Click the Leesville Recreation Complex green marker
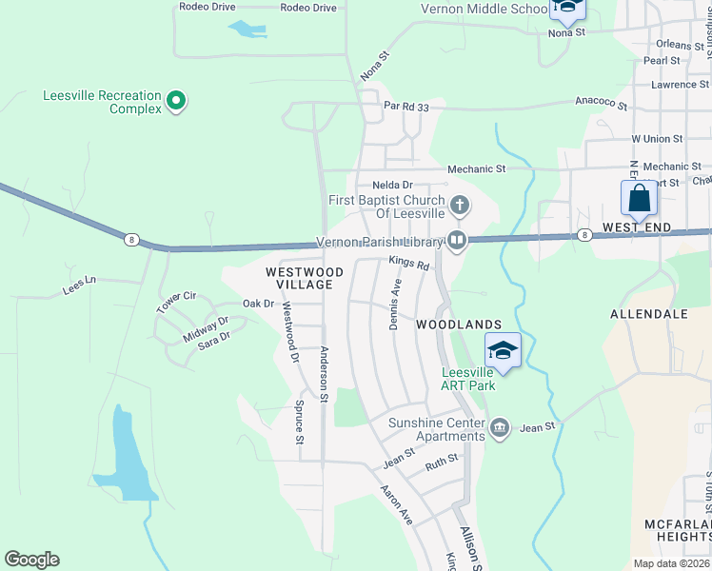[x=175, y=100]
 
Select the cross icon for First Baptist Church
[x=460, y=205]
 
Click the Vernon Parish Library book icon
[x=457, y=240]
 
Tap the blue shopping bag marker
[x=639, y=199]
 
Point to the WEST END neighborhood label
[x=637, y=229]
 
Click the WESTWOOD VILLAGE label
[x=298, y=278]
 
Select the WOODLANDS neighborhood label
[x=459, y=325]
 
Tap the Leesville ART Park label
[x=467, y=378]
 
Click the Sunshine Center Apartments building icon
[x=501, y=429]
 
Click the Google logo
[x=31, y=560]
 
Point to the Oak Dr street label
[x=258, y=304]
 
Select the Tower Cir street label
[x=176, y=303]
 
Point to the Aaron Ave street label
[x=396, y=505]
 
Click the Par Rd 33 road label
[x=406, y=107]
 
